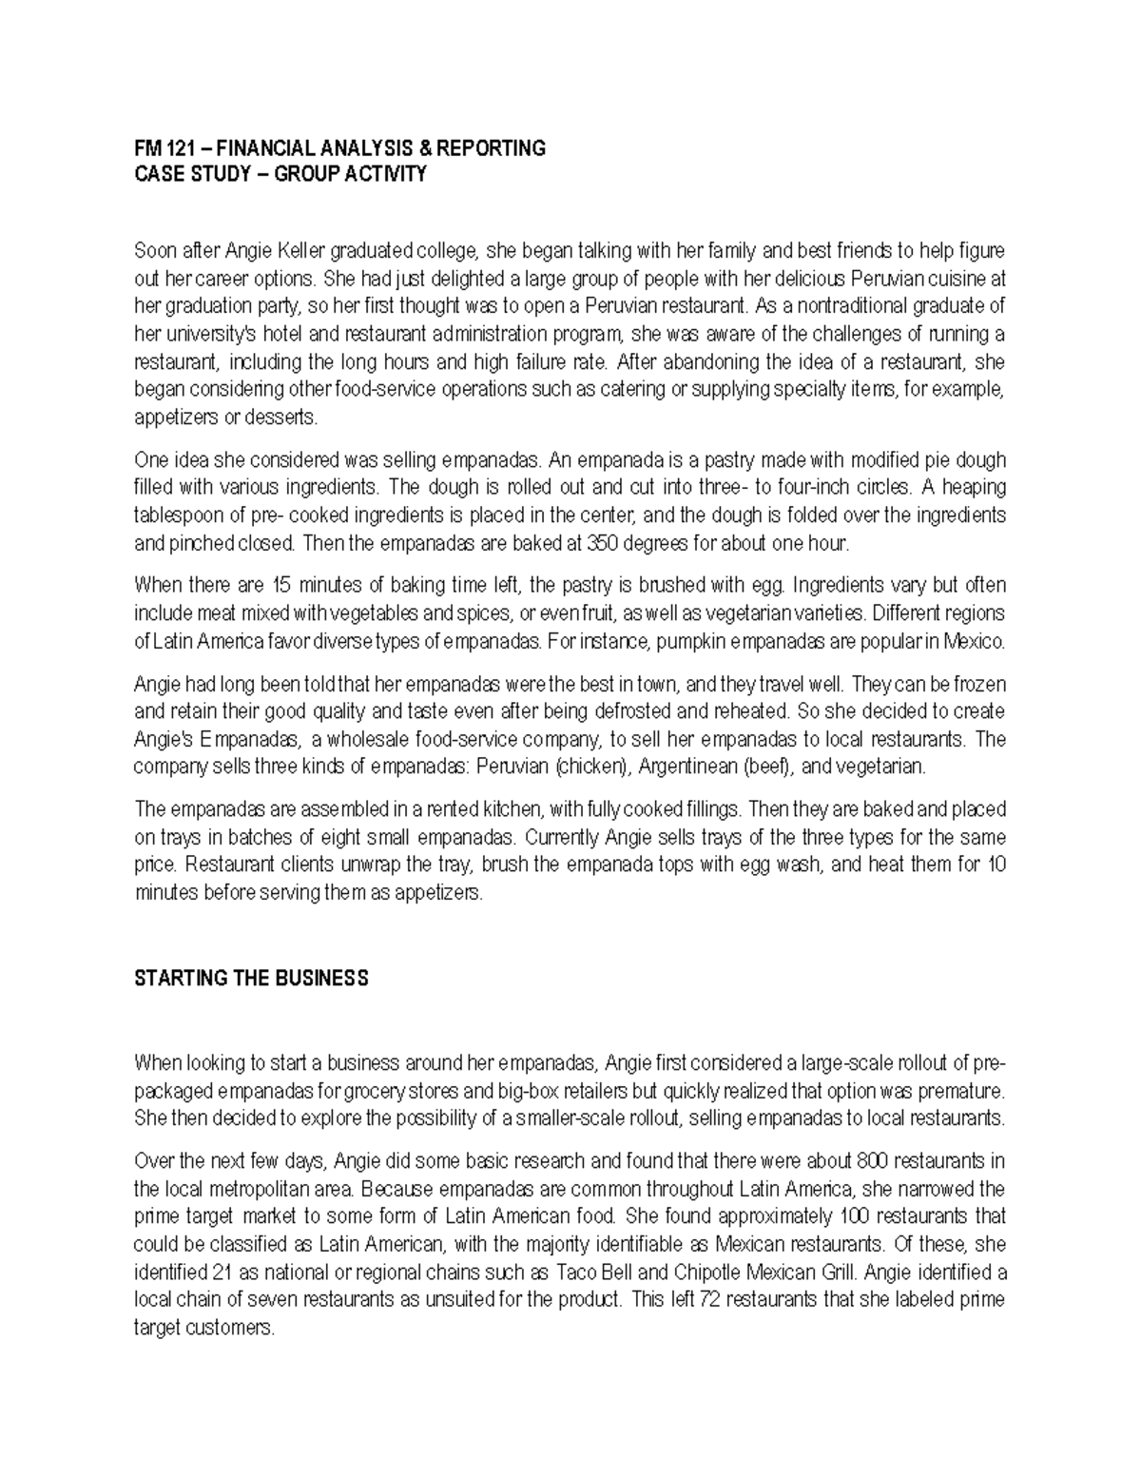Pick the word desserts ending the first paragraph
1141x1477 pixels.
pos(289,418)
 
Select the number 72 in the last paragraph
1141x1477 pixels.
pos(711,1300)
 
